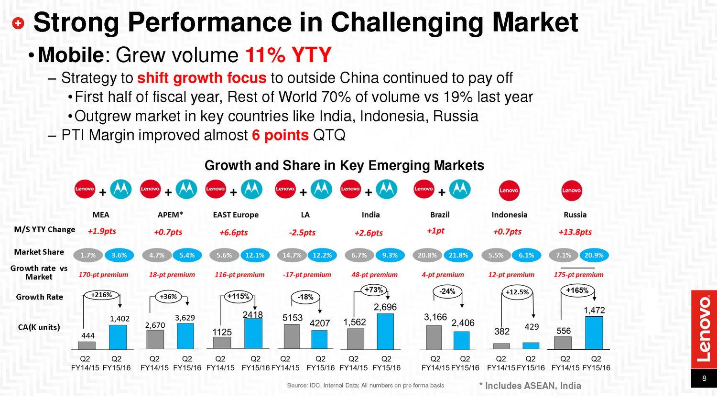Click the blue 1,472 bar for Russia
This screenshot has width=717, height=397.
click(x=594, y=333)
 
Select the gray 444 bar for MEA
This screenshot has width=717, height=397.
click(x=87, y=345)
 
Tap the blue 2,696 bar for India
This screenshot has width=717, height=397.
click(x=385, y=332)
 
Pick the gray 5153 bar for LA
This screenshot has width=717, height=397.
click(x=292, y=337)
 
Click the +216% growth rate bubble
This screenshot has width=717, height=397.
click(x=101, y=295)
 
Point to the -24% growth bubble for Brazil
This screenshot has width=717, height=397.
click(x=447, y=291)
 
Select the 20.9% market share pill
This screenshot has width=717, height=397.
click(x=594, y=255)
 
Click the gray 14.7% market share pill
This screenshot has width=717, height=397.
click(x=292, y=255)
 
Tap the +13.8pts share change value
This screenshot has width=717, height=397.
click(x=575, y=232)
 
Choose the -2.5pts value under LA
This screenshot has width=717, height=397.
click(x=302, y=233)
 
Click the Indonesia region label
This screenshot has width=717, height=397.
click(x=509, y=215)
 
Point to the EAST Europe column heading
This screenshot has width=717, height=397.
click(x=236, y=215)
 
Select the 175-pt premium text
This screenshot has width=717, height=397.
click(x=578, y=275)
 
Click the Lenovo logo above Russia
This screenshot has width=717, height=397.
click(x=572, y=191)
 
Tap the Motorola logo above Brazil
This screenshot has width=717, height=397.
click(x=460, y=190)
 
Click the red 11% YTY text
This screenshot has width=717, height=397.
click(x=288, y=55)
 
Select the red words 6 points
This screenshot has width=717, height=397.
click(x=280, y=135)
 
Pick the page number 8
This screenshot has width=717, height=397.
click(x=704, y=378)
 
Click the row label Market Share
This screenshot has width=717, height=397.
click(x=39, y=252)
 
